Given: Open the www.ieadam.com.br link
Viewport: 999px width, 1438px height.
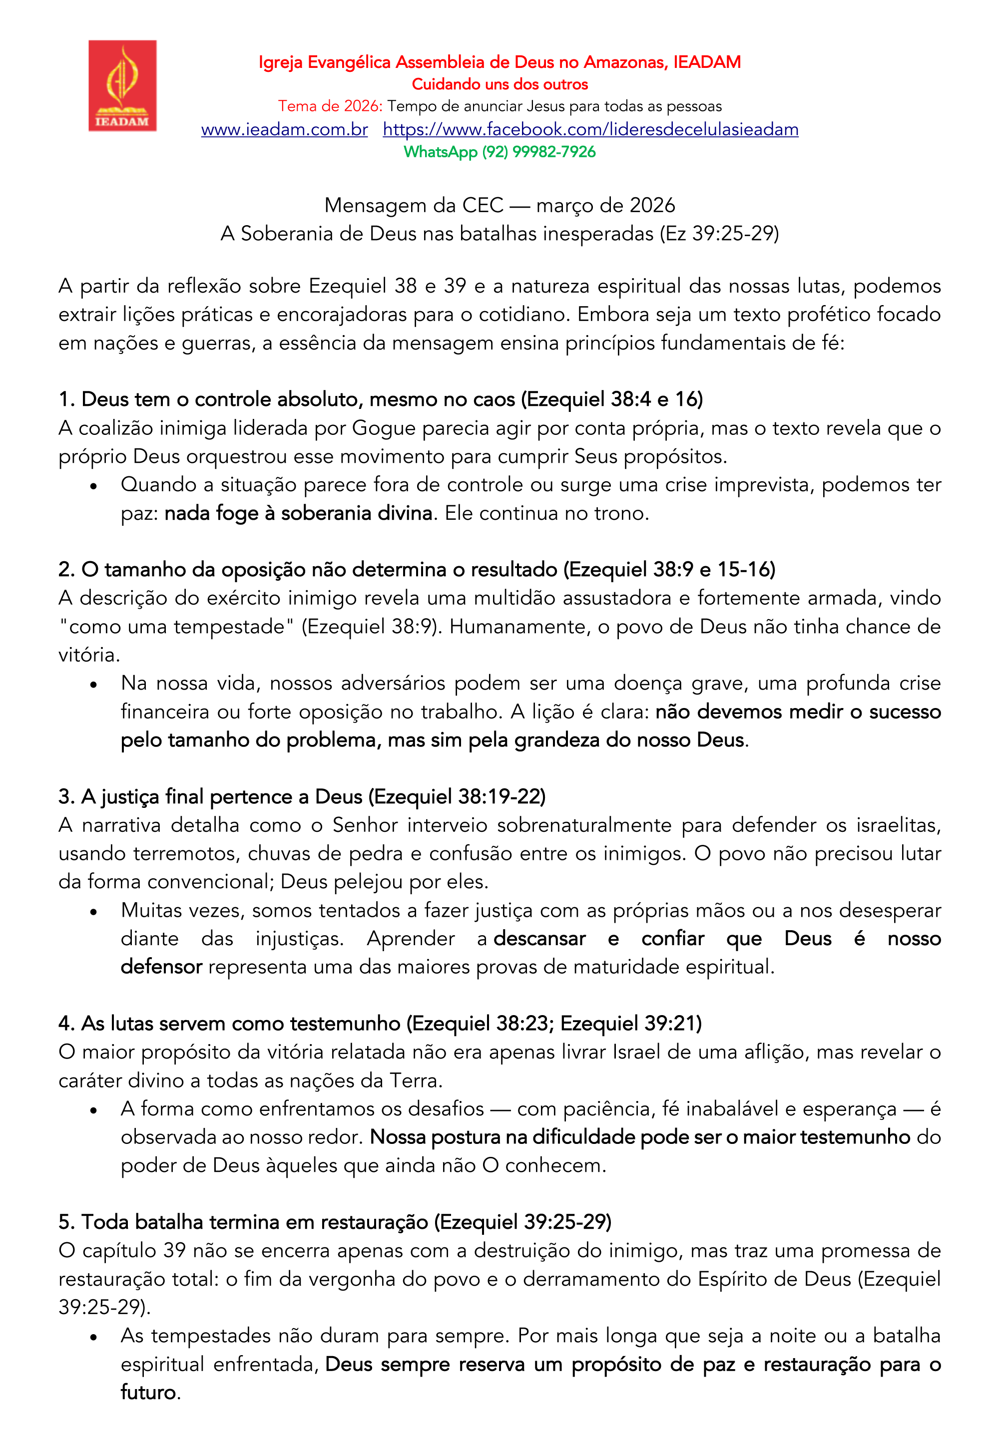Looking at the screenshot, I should pyautogui.click(x=284, y=129).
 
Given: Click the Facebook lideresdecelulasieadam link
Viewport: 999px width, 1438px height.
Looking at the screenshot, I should pyautogui.click(x=590, y=129).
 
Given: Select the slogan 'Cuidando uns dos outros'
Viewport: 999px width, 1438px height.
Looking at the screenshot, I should pyautogui.click(x=499, y=84).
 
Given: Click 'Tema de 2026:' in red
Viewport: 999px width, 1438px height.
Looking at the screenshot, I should pyautogui.click(x=330, y=106).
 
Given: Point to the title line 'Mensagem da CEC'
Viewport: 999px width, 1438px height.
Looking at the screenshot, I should pyautogui.click(x=499, y=205).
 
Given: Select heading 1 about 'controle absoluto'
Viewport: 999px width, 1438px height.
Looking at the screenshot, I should pyautogui.click(x=381, y=399).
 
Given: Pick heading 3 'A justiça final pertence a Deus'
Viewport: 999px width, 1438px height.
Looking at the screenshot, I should pyautogui.click(x=302, y=796).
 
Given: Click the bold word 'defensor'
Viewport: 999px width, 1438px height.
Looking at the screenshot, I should pyautogui.click(x=161, y=967).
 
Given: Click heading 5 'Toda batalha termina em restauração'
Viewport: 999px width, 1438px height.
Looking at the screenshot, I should pyautogui.click(x=335, y=1222).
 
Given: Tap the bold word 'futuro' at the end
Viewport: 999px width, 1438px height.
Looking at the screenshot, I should pyautogui.click(x=148, y=1393).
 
